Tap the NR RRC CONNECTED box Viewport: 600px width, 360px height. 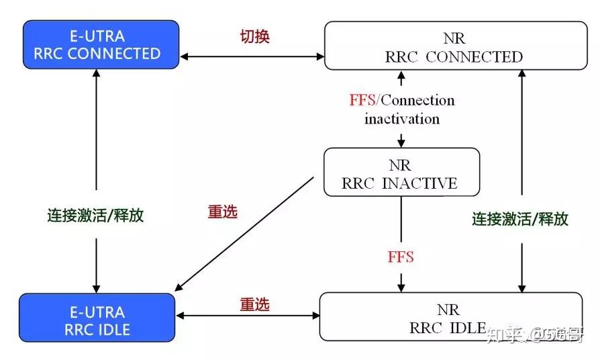(x=454, y=46)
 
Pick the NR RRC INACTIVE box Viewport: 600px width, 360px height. (x=401, y=173)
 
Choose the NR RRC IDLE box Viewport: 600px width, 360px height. (x=450, y=317)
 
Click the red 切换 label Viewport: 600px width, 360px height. (x=254, y=36)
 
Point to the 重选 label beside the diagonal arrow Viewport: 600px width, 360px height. (x=223, y=212)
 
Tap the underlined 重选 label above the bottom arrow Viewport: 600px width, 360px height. (x=254, y=304)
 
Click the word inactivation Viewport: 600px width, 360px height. (x=402, y=119)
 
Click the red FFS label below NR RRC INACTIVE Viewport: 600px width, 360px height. (x=401, y=257)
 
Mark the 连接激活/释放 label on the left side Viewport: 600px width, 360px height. (x=95, y=216)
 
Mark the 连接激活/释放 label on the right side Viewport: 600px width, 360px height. (x=520, y=219)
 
